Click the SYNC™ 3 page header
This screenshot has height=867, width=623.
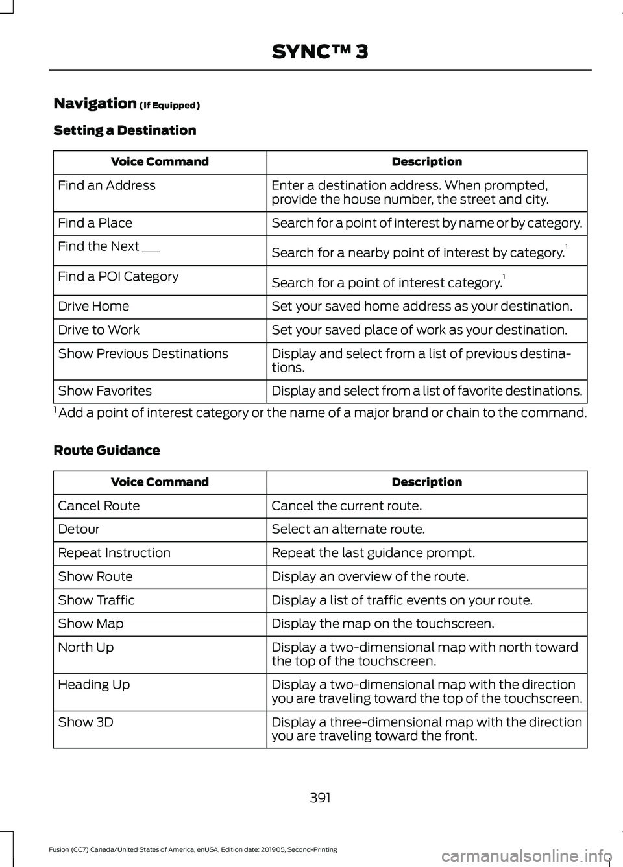(320, 51)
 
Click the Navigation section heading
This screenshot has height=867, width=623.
(95, 104)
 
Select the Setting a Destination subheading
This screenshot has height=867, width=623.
(125, 130)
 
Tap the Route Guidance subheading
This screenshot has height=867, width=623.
(106, 450)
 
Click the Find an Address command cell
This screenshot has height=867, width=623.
(107, 185)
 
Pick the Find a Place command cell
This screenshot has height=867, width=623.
(95, 223)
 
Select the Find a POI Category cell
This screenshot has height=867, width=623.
(118, 277)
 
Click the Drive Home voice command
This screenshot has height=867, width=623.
(93, 306)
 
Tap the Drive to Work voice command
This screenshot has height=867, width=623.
(99, 330)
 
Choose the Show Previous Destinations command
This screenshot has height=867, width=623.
(143, 353)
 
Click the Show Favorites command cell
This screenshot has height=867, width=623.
(105, 391)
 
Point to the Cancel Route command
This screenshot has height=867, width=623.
(99, 506)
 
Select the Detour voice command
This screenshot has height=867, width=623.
(79, 529)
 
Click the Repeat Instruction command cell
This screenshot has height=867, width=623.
(114, 553)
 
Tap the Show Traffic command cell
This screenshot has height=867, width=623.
(97, 600)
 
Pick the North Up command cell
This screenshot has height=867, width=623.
(86, 647)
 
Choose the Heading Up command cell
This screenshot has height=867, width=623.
(94, 685)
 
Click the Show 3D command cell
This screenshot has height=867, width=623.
(86, 722)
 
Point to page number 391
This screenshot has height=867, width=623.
(320, 798)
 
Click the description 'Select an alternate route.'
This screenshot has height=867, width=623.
(348, 529)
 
